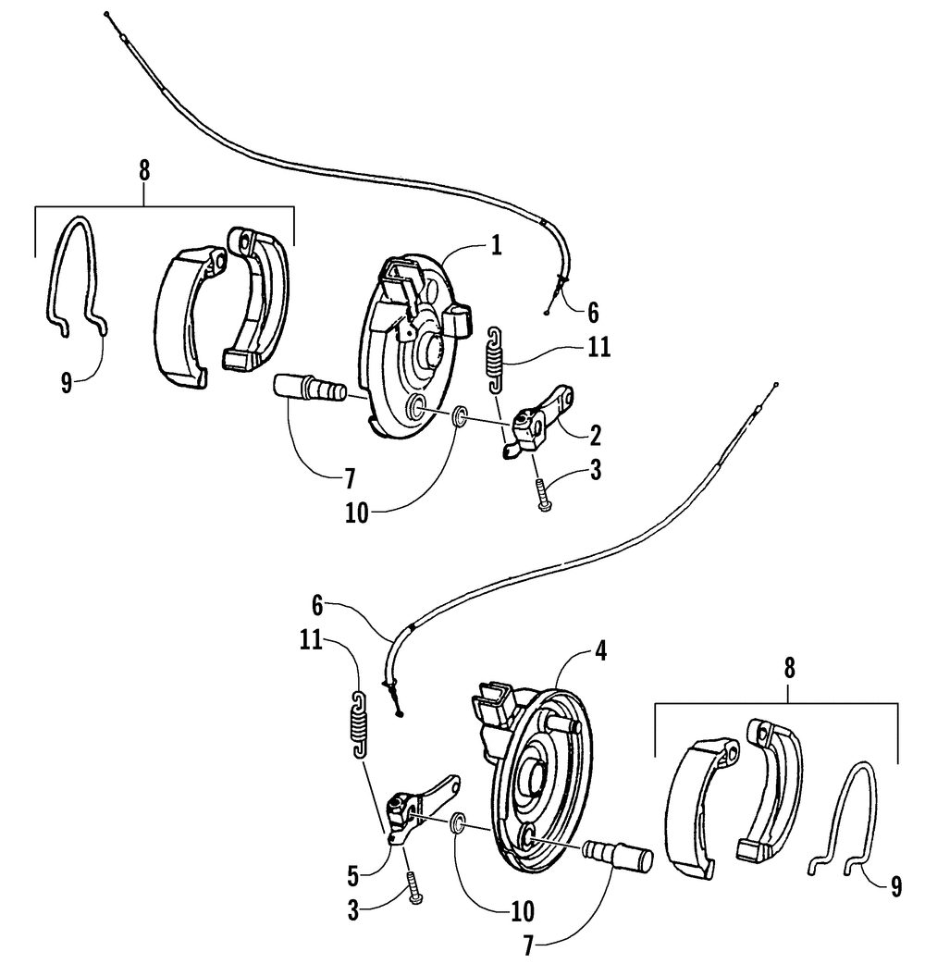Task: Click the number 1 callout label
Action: pyautogui.click(x=497, y=245)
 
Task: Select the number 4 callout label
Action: pyautogui.click(x=600, y=650)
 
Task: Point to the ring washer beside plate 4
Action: pyautogui.click(x=457, y=822)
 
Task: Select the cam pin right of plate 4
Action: pyautogui.click(x=619, y=854)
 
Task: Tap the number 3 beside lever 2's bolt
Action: pyautogui.click(x=594, y=471)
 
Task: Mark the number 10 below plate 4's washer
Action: pyautogui.click(x=522, y=912)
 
